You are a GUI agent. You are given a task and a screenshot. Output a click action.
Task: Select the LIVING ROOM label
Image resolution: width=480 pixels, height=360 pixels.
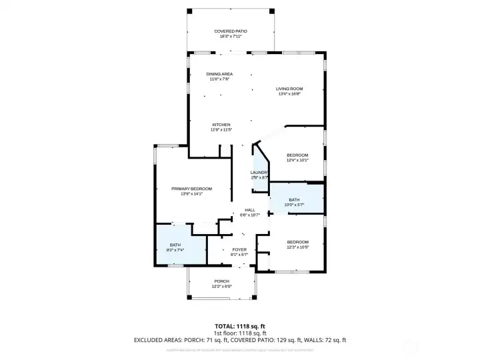point(290,89)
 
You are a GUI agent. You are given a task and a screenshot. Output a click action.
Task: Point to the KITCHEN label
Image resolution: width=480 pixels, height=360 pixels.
point(221,125)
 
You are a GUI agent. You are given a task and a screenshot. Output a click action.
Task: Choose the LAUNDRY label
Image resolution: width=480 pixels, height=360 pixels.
point(259,173)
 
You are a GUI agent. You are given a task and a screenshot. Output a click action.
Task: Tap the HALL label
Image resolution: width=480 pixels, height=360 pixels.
point(250,210)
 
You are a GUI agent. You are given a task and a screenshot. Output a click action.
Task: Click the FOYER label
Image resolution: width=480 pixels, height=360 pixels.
point(239,249)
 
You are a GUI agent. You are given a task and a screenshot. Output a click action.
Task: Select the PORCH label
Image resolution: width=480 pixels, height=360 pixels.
point(222,281)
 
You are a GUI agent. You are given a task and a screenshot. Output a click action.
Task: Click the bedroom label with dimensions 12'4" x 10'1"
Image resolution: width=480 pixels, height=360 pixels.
point(297,155)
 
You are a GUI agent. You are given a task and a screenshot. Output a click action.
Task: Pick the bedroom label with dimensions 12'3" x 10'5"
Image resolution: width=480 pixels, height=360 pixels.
point(297,242)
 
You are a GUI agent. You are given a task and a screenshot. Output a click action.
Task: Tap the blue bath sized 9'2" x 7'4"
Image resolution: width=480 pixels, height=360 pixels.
point(175,247)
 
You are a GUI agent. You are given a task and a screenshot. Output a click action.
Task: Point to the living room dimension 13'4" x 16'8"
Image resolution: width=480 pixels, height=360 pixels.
point(290,94)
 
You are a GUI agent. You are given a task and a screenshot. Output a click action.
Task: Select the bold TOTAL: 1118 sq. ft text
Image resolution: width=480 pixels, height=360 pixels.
point(239,327)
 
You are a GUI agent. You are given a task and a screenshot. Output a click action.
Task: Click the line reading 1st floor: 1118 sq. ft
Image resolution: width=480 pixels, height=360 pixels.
point(239,333)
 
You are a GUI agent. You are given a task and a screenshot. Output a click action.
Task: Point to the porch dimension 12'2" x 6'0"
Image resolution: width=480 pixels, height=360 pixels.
point(222,287)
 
